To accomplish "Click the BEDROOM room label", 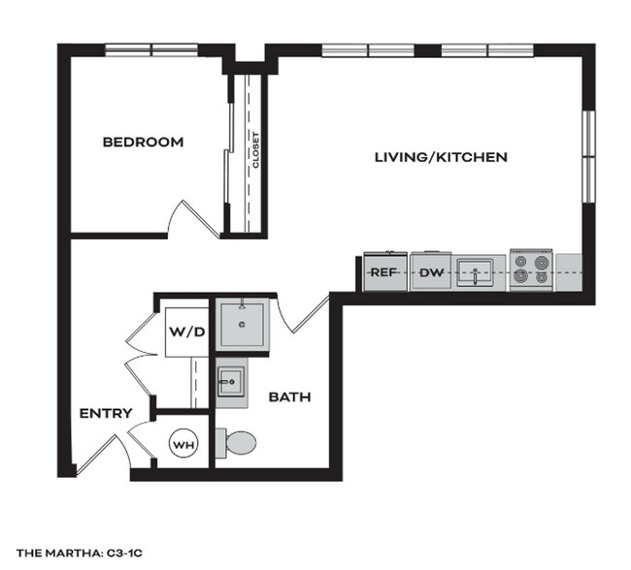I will (143, 142).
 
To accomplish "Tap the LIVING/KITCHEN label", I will (442, 156).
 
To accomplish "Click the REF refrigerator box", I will (382, 272).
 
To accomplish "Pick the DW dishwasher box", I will (430, 272).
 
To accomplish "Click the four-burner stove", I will (530, 269).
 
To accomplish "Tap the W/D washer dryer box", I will (187, 332).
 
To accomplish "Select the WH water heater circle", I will (183, 444).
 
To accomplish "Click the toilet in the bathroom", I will (236, 444).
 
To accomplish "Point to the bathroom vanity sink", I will (230, 382).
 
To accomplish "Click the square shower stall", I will (243, 325).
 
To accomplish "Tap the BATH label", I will (288, 396).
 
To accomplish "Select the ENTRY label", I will (106, 414).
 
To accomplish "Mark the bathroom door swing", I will (305, 317).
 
